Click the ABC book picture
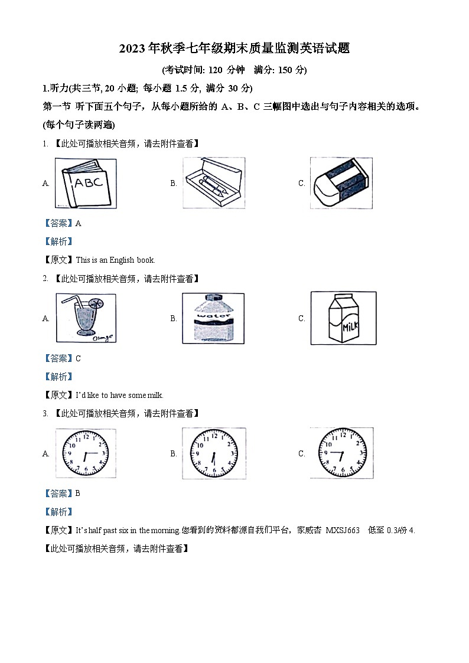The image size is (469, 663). (x=86, y=183)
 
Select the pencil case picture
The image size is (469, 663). (x=213, y=182)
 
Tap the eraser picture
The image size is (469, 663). (x=342, y=182)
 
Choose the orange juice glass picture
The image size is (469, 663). (x=86, y=318)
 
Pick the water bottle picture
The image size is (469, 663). (x=213, y=318)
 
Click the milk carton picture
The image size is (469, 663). (x=343, y=318)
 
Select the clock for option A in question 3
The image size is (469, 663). (x=86, y=453)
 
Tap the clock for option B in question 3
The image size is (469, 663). (x=213, y=453)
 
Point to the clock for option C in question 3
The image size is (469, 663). (x=342, y=453)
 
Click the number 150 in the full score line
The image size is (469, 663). (x=286, y=70)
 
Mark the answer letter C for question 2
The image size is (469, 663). (x=78, y=358)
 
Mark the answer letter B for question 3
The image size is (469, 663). (x=78, y=494)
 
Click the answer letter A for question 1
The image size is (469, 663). (x=78, y=223)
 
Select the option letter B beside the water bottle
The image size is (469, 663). (x=174, y=319)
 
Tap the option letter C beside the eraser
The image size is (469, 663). (x=301, y=184)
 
